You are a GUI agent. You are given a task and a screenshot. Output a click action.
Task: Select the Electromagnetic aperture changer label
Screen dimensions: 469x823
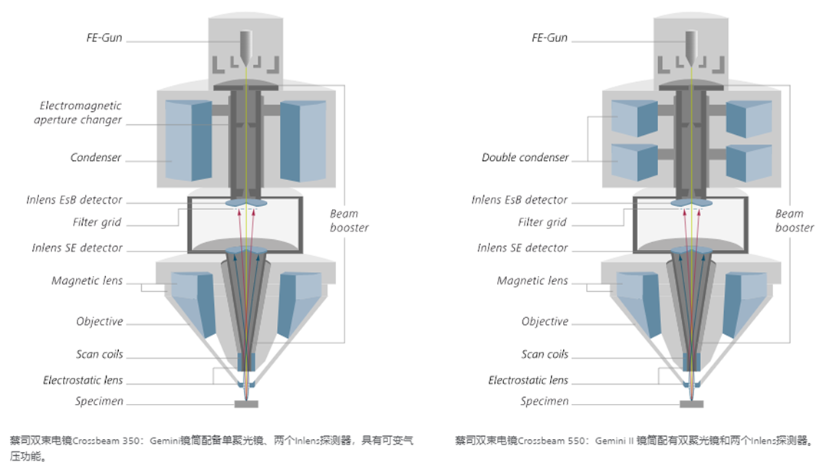click(x=80, y=113)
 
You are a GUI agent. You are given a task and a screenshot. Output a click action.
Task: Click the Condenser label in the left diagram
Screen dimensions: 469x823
click(x=96, y=158)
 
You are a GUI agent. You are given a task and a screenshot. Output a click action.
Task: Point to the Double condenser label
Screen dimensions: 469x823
click(x=525, y=158)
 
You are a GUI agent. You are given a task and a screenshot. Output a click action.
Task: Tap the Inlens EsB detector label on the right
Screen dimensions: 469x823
click(x=519, y=200)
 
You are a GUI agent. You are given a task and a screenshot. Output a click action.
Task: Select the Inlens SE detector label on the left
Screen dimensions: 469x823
click(x=77, y=248)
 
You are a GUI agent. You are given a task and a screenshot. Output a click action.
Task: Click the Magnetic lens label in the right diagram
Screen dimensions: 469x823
click(x=532, y=281)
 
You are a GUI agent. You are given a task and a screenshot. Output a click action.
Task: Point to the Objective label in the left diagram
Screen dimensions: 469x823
click(x=99, y=322)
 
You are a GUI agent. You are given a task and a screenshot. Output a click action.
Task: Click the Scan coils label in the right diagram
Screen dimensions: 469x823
click(x=545, y=355)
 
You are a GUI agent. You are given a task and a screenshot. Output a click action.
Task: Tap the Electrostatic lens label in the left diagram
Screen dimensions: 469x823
click(x=83, y=381)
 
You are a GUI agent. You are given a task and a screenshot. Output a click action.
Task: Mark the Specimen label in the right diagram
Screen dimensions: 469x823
click(x=545, y=402)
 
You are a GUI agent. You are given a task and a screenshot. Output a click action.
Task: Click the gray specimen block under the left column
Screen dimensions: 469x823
click(x=245, y=403)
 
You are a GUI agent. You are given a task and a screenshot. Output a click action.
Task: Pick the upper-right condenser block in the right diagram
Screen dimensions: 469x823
click(x=748, y=119)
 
